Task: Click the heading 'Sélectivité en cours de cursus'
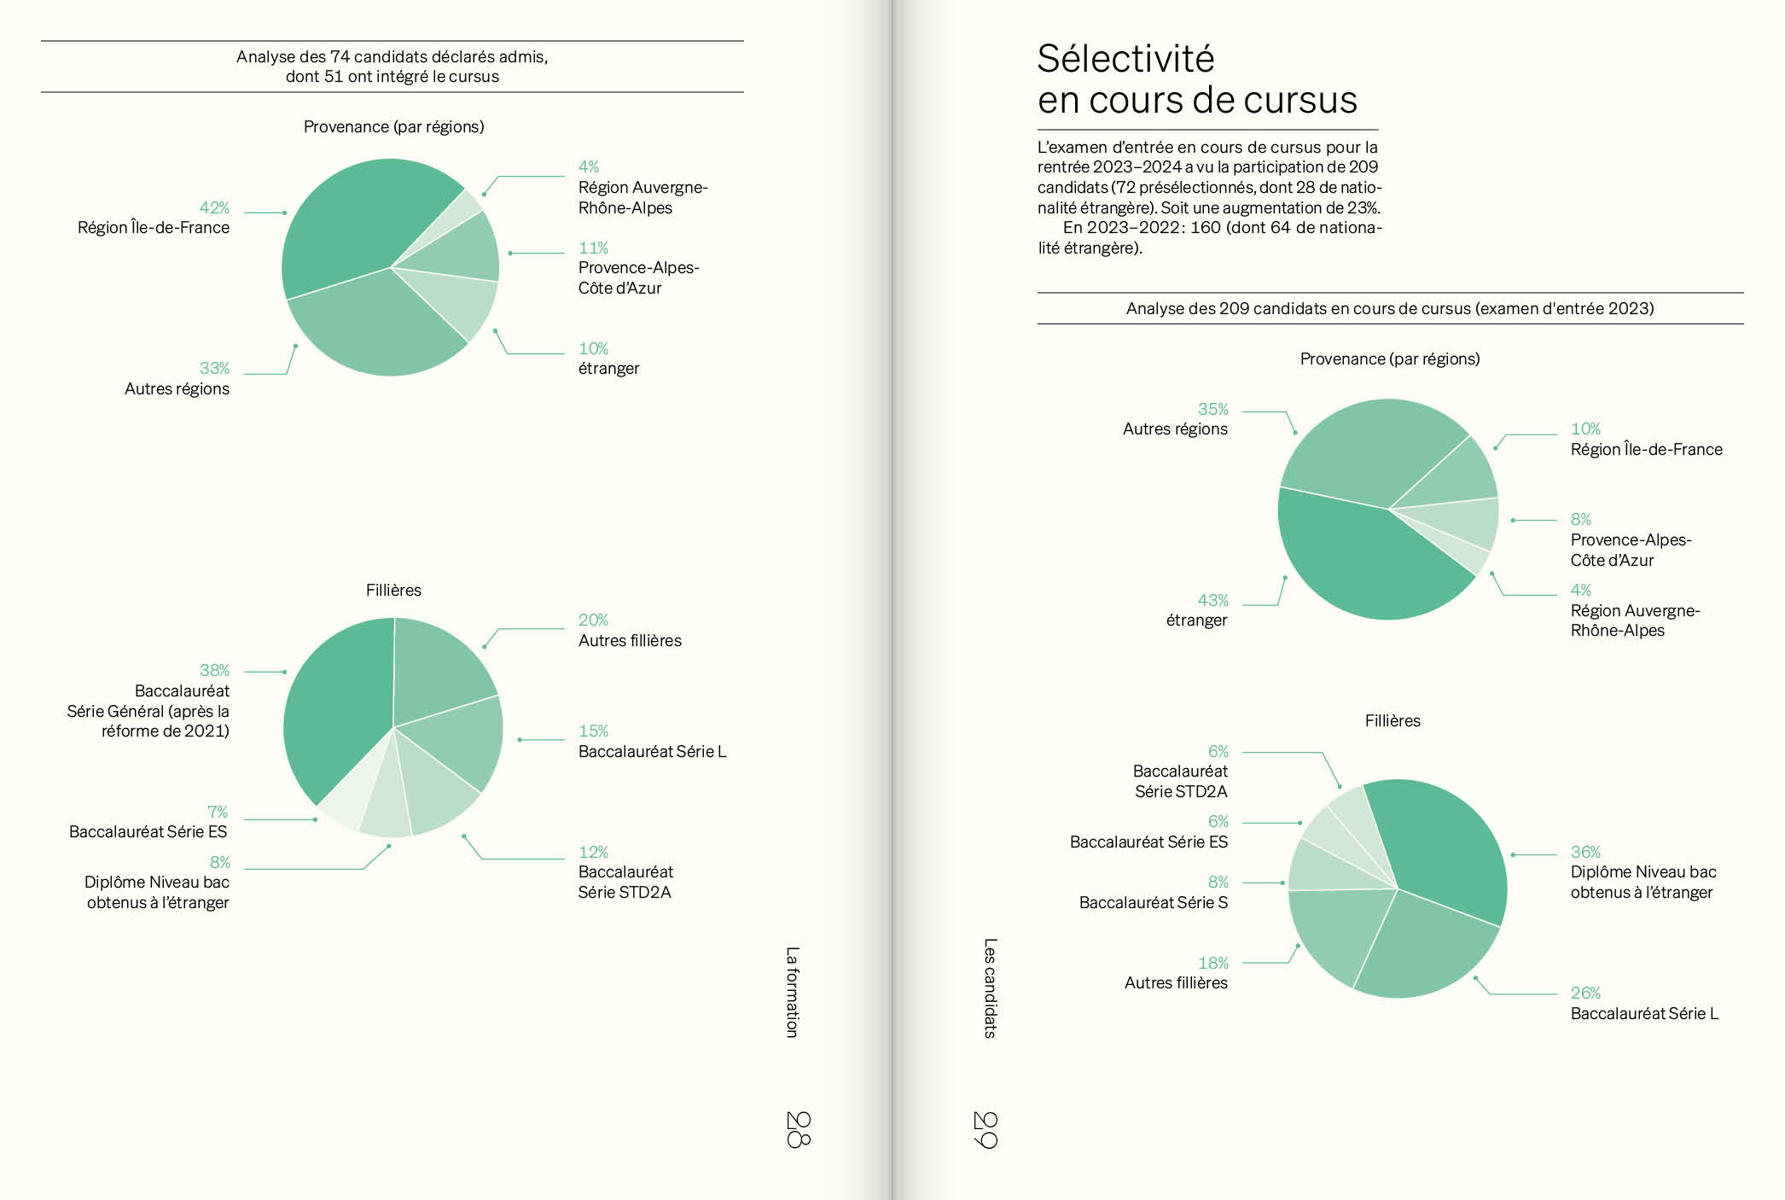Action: [x=1196, y=79]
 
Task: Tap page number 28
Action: [x=798, y=1128]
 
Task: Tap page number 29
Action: [x=986, y=1129]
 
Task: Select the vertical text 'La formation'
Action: [x=793, y=992]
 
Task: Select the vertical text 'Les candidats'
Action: [x=990, y=988]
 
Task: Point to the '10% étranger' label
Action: [x=608, y=358]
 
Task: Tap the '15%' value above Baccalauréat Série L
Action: [x=593, y=731]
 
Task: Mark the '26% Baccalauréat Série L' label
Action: [x=1643, y=1004]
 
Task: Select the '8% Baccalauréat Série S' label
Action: [x=1154, y=893]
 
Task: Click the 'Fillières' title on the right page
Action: [x=1393, y=721]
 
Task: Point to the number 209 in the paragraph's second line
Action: [x=1363, y=167]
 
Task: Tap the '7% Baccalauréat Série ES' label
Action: [x=149, y=822]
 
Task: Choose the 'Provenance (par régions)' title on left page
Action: [x=393, y=127]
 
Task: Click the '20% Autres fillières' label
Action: [x=630, y=631]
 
